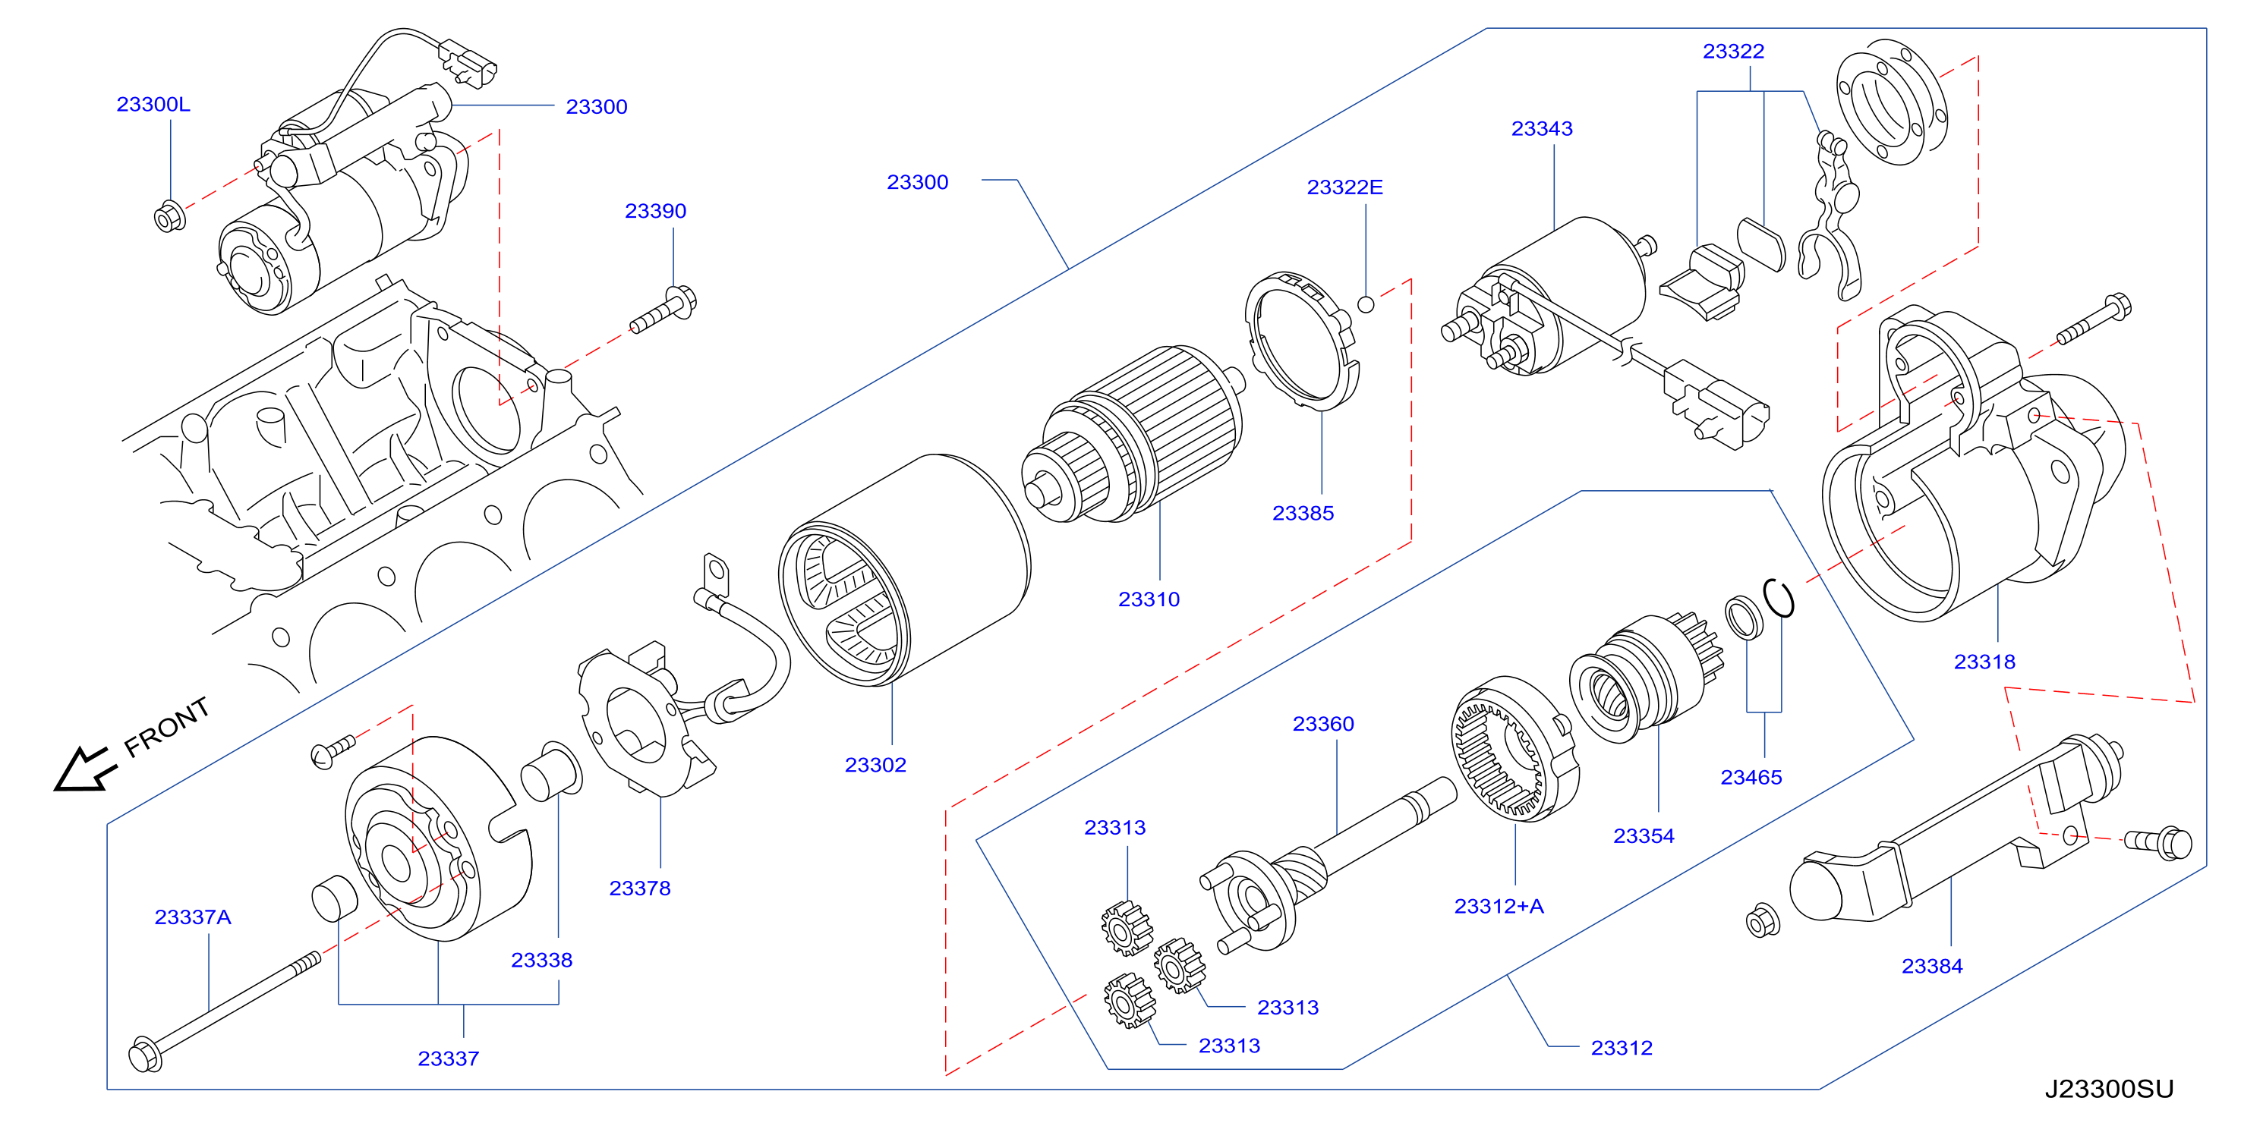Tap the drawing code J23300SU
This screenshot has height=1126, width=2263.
pyautogui.click(x=2108, y=1089)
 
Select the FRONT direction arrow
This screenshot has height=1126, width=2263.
pyautogui.click(x=84, y=769)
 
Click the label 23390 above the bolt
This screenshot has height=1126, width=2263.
pyautogui.click(x=655, y=211)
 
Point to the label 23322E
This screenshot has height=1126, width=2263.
pyautogui.click(x=1344, y=187)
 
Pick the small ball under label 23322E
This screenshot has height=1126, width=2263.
pyautogui.click(x=1366, y=304)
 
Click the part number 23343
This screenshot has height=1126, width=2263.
pyautogui.click(x=1542, y=128)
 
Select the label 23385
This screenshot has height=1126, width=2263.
pyautogui.click(x=1303, y=513)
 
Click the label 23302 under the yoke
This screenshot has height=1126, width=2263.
pyautogui.click(x=875, y=765)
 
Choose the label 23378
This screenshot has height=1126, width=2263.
pyautogui.click(x=639, y=888)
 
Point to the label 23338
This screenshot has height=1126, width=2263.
pyautogui.click(x=541, y=960)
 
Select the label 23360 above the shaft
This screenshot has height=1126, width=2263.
pyautogui.click(x=1323, y=724)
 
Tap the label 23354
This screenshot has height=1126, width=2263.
pyautogui.click(x=1644, y=836)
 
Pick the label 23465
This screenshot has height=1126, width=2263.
pyautogui.click(x=1751, y=777)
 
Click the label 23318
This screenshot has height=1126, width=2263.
pyautogui.click(x=1984, y=662)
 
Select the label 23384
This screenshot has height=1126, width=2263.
pyautogui.click(x=1932, y=966)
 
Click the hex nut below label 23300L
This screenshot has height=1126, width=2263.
pyautogui.click(x=169, y=216)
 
